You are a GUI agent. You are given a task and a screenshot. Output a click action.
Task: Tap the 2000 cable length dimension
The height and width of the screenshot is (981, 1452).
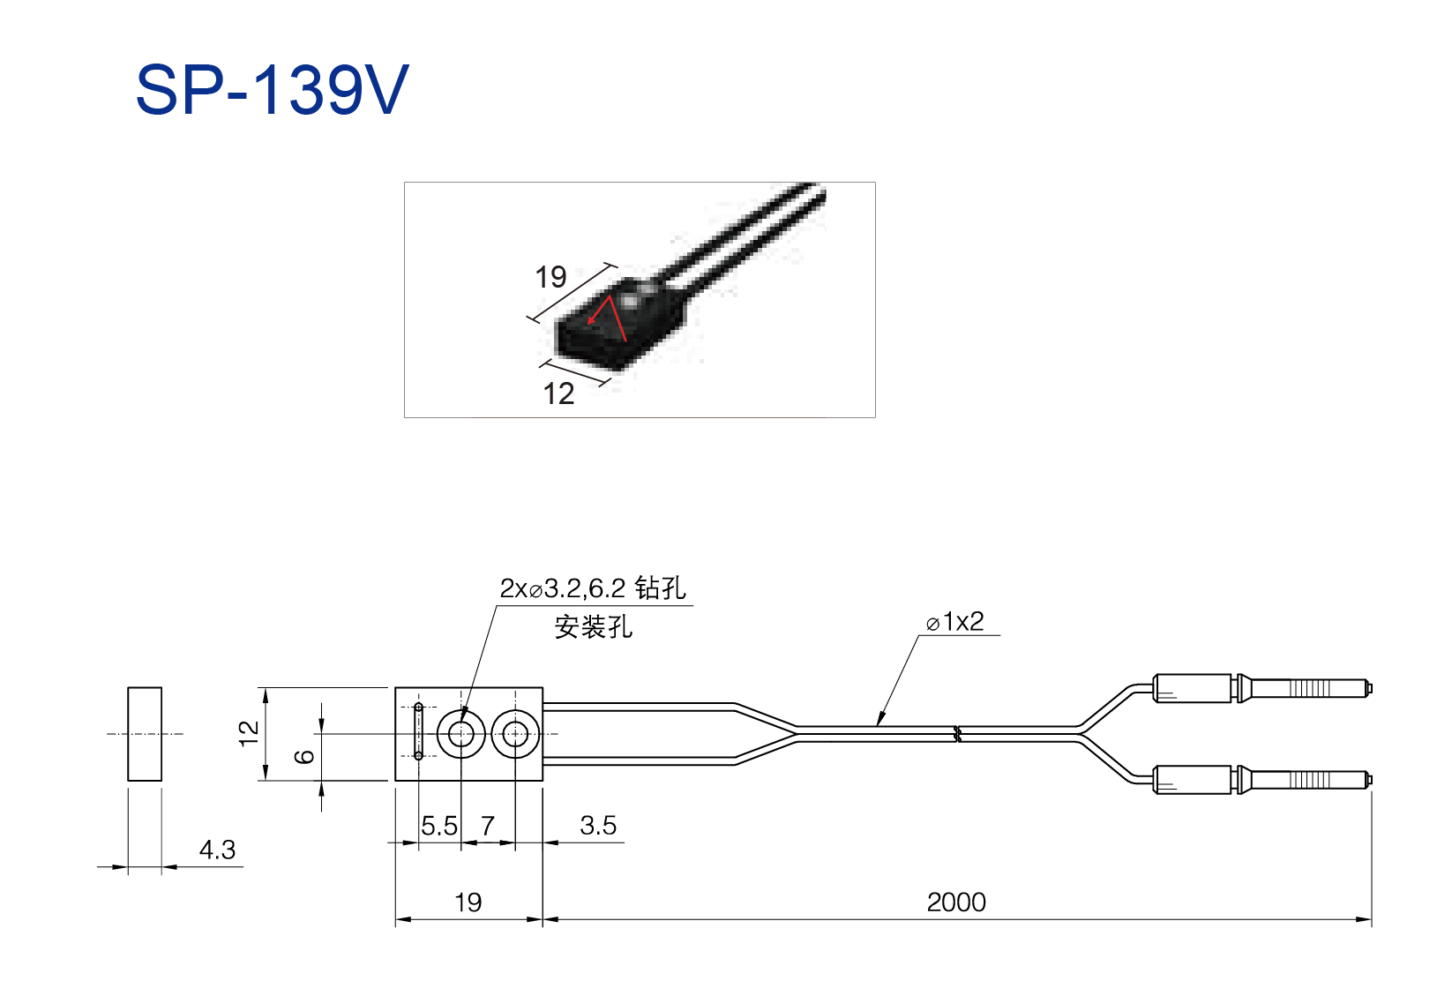click(956, 902)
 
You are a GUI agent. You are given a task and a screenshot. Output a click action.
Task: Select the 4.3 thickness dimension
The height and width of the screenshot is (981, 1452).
click(217, 850)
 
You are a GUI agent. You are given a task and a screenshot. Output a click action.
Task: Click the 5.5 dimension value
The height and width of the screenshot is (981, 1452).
click(438, 826)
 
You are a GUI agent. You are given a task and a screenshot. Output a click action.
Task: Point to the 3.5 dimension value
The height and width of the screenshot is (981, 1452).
click(598, 825)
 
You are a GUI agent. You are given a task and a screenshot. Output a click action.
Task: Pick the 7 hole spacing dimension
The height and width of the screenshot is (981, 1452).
click(488, 826)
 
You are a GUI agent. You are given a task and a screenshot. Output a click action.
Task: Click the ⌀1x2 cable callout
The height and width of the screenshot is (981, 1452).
click(954, 621)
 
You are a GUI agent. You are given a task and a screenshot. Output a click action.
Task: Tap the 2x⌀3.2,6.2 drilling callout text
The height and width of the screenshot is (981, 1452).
click(593, 588)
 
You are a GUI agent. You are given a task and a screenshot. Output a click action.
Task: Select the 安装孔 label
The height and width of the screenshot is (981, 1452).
click(593, 627)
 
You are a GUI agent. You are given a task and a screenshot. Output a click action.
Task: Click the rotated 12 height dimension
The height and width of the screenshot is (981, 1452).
click(249, 733)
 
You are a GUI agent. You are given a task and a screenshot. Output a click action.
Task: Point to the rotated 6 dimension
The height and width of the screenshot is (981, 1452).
click(304, 756)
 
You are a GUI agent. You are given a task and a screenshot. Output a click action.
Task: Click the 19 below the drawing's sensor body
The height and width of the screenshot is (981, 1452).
click(468, 902)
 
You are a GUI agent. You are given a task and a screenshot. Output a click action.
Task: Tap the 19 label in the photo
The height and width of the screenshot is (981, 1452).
click(550, 277)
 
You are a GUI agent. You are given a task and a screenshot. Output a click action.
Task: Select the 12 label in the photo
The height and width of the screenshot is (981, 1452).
click(558, 393)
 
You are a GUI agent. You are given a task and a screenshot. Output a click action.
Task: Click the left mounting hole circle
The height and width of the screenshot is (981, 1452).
click(460, 711)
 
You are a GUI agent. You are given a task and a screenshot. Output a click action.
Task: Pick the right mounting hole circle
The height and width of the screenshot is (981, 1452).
click(515, 711)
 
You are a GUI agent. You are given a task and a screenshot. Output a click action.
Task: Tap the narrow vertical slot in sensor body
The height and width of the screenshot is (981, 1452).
click(418, 731)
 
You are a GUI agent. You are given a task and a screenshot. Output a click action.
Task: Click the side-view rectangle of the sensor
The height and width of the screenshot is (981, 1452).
click(145, 688)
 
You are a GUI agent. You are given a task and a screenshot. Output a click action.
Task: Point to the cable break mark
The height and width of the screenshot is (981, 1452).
click(957, 734)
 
